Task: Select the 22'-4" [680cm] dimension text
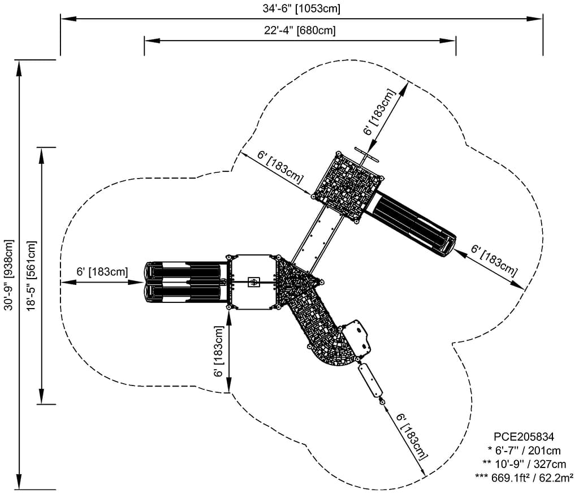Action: coord(300,31)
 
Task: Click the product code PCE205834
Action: coord(524,436)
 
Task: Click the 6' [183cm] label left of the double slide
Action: coord(102,271)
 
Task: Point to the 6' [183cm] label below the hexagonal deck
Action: coord(218,352)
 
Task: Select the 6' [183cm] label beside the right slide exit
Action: coord(494,259)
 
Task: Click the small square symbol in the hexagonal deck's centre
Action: coord(254,281)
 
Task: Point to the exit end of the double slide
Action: coord(150,281)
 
